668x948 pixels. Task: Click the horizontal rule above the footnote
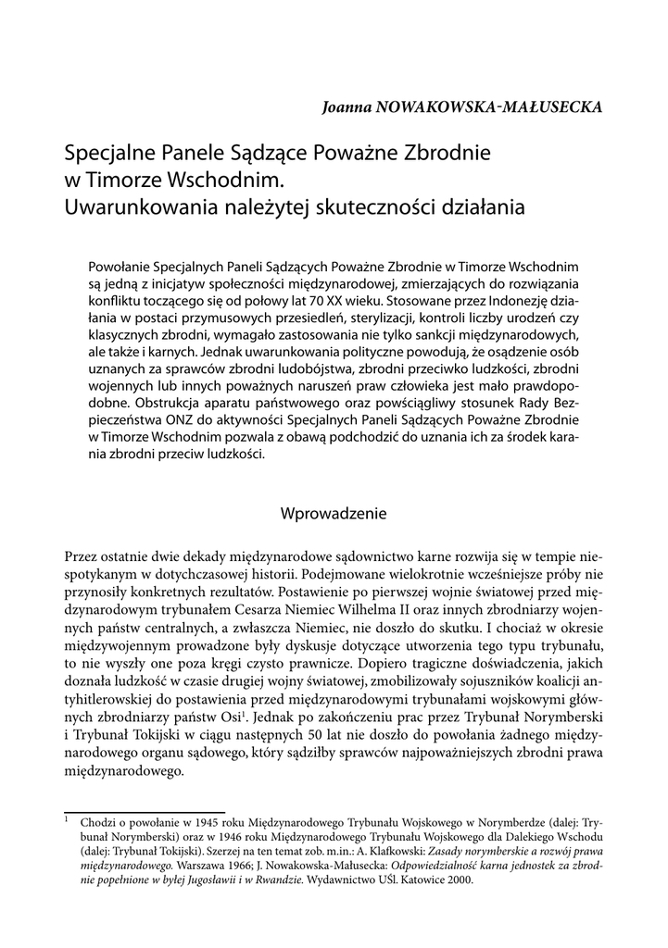[145, 812]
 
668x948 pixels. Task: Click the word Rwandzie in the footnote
[277, 879]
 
